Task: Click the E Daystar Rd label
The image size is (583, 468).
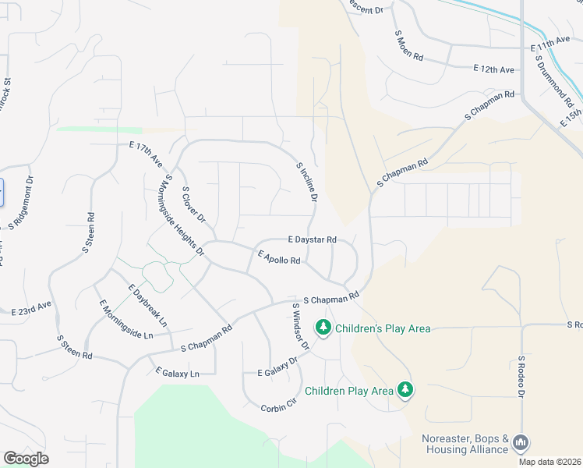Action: (312, 239)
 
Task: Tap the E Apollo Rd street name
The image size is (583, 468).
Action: (279, 257)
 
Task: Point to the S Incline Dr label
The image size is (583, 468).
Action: (306, 183)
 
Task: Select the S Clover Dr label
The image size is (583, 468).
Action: (193, 203)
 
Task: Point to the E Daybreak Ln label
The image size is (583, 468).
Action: (148, 304)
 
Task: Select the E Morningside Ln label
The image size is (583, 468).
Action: (125, 319)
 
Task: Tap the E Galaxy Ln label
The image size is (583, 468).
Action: (178, 373)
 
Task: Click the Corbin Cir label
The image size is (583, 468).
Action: (280, 406)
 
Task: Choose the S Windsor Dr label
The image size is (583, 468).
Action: (301, 326)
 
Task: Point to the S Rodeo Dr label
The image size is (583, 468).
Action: (521, 378)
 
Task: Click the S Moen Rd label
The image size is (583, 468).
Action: (410, 46)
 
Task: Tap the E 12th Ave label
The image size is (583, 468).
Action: (493, 70)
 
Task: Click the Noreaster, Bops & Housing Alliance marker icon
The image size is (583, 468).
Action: (520, 443)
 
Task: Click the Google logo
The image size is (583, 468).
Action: (26, 459)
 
